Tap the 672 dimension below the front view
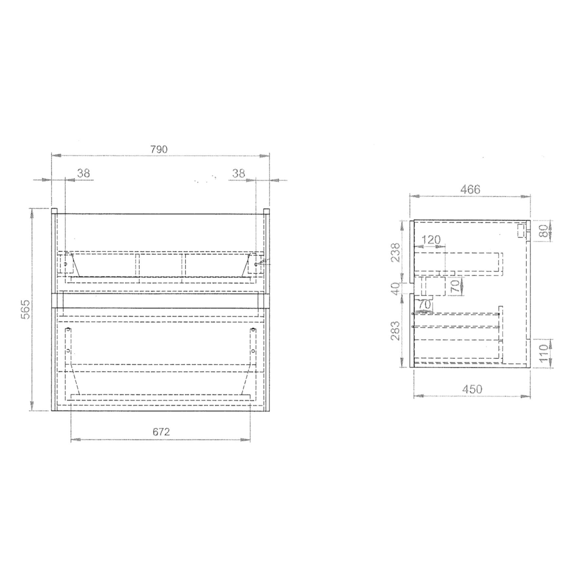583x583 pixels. pyautogui.click(x=161, y=432)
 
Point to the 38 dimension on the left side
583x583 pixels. pyautogui.click(x=83, y=173)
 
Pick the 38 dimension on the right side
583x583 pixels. pyautogui.click(x=239, y=173)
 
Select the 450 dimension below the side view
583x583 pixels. pyautogui.click(x=472, y=389)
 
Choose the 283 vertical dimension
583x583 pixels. pyautogui.click(x=395, y=331)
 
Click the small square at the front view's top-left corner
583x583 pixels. pyautogui.click(x=55, y=211)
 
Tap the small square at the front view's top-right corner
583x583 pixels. pyautogui.click(x=267, y=211)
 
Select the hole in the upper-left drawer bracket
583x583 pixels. pyautogui.click(x=65, y=264)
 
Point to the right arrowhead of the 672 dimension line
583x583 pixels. pyautogui.click(x=246, y=440)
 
